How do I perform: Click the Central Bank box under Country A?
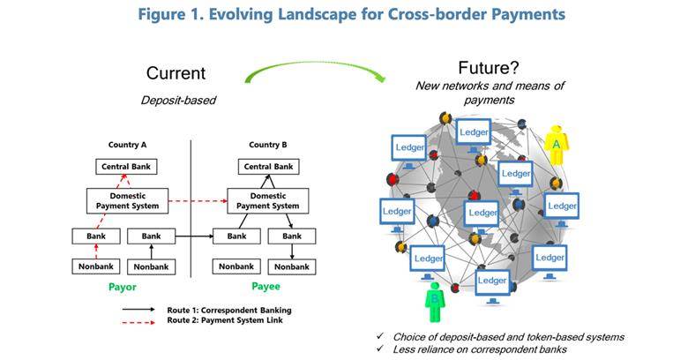coord(126,167)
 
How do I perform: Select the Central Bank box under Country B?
coord(268,167)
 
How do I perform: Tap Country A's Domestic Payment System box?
coord(127,201)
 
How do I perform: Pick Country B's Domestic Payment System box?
coord(267,201)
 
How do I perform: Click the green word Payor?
coord(123,287)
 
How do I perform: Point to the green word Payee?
coord(265,287)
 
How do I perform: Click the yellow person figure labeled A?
coord(557,145)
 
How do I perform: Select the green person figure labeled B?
coord(435,302)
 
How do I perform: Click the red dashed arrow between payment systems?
coord(198,201)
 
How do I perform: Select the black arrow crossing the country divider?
coord(194,236)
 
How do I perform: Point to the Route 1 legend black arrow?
coord(138,310)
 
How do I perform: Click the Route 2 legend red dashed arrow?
coord(138,322)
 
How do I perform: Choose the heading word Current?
coord(176,73)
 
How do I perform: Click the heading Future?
coord(489,68)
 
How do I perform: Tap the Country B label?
coord(267,145)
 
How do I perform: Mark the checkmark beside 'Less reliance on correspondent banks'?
coord(380,349)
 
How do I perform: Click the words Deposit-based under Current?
coord(178,101)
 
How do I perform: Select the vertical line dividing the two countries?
coord(191,209)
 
